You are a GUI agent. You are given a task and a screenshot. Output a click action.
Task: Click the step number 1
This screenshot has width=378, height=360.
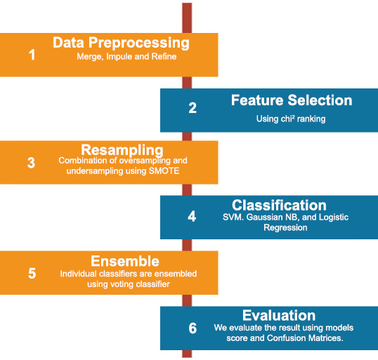point(32,55)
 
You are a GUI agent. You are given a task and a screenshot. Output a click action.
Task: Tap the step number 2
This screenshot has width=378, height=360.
point(193,108)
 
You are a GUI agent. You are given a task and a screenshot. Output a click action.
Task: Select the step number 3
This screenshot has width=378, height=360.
point(32,163)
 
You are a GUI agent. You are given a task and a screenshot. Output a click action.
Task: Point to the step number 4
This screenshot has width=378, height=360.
point(192,216)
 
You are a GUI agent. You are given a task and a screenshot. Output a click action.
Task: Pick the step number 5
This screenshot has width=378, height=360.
point(32,273)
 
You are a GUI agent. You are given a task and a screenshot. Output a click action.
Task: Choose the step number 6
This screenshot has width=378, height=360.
point(193,328)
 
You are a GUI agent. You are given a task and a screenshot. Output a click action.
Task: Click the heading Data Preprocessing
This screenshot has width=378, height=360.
point(121,43)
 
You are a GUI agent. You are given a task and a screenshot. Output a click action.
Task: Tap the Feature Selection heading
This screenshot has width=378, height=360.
point(292,100)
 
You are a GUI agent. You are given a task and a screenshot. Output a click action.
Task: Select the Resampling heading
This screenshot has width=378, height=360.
point(122,150)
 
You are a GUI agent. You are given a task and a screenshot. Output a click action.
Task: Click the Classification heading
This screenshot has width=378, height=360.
point(279,205)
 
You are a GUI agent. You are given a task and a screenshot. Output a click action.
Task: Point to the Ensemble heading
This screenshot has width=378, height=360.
point(125,261)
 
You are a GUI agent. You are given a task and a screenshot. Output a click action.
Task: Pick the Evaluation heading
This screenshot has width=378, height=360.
point(279,316)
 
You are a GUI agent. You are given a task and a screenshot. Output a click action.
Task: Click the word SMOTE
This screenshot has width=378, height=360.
point(164,171)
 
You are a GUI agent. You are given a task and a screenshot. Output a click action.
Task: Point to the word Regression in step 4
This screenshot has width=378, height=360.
point(285,228)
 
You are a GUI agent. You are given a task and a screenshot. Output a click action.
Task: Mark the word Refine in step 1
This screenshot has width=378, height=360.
point(164,57)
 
